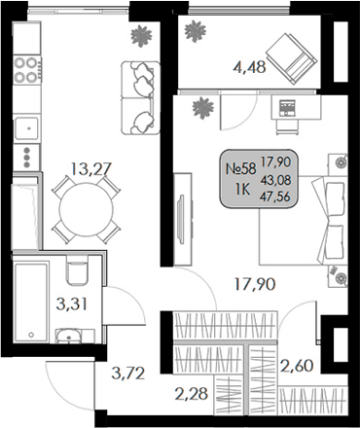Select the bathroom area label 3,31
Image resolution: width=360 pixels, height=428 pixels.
pyautogui.click(x=71, y=303)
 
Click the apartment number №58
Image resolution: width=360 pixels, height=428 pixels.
pyautogui.click(x=240, y=168)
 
